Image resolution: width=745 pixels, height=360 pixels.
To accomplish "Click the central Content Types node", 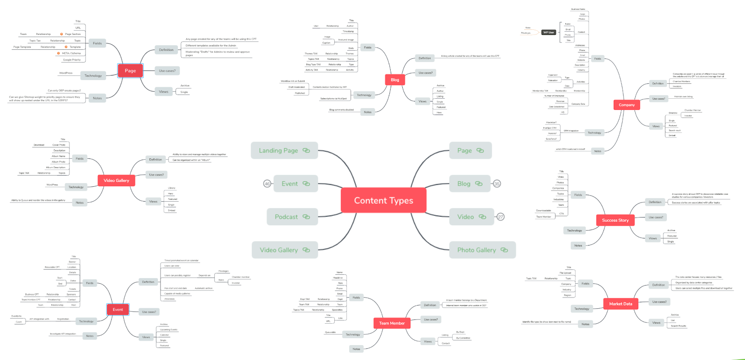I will [383, 200].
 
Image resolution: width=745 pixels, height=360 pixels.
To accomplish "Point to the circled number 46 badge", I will [267, 183].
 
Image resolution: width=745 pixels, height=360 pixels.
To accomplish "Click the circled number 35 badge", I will [497, 183].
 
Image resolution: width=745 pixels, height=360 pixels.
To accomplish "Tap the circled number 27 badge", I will [501, 217].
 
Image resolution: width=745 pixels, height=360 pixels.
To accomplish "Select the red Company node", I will [626, 105].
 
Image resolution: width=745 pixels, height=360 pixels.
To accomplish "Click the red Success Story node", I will [615, 220].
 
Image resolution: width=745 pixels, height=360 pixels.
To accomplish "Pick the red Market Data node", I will [621, 304].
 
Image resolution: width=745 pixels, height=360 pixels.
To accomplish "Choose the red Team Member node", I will [392, 323].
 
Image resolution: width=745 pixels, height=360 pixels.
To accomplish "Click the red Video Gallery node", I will [116, 180].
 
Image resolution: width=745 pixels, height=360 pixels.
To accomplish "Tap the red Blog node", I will [395, 80].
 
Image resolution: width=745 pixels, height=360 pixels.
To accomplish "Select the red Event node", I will [118, 309].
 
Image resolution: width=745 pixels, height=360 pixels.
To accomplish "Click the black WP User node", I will [549, 32].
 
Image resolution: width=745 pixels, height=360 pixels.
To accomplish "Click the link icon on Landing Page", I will [306, 150].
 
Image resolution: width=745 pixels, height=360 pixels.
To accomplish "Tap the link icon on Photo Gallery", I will [504, 250].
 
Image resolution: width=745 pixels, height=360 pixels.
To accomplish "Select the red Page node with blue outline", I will [130, 71].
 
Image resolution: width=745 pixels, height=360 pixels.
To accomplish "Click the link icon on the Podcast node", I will [306, 217].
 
